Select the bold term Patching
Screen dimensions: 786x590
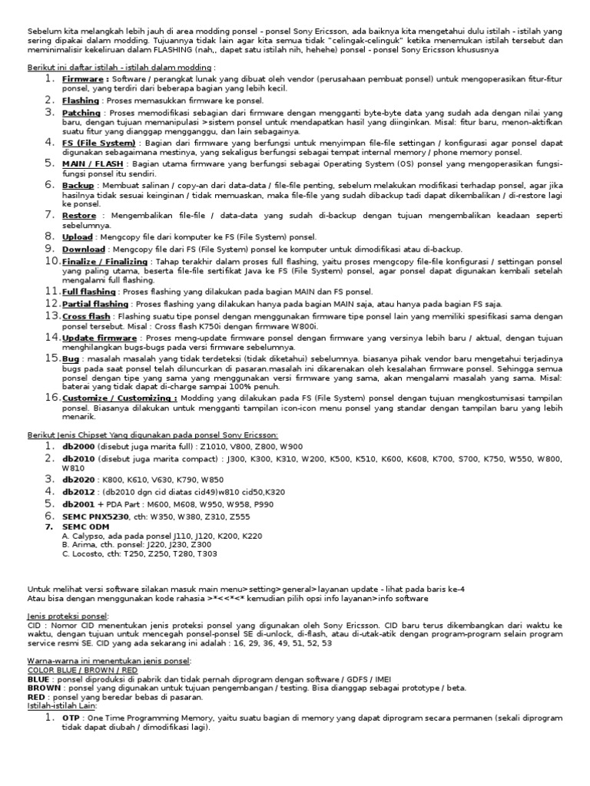(81, 112)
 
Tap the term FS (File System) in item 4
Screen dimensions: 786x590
(99, 143)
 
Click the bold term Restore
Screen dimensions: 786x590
(79, 216)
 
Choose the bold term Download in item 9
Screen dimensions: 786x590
(84, 249)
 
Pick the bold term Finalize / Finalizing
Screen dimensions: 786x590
(104, 261)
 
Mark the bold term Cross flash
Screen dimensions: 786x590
(86, 315)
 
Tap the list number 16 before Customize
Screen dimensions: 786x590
(52, 398)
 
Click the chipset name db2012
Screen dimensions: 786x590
(80, 491)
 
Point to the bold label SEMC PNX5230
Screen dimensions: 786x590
(95, 516)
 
